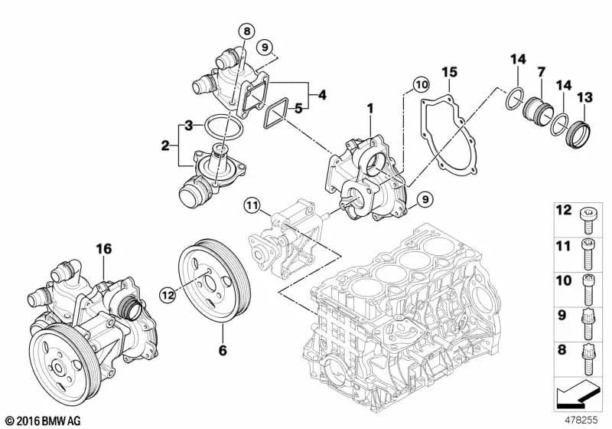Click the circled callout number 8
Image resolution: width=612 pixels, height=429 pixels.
click(x=246, y=31)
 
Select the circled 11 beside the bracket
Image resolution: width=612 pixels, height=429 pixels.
click(x=253, y=205)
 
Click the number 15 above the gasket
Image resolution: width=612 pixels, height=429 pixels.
click(x=449, y=72)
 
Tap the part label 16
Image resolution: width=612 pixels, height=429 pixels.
click(x=103, y=247)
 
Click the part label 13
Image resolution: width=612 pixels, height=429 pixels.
click(x=584, y=97)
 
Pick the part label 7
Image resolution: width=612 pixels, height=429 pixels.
click(x=541, y=72)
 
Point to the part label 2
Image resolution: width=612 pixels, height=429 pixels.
click(x=164, y=144)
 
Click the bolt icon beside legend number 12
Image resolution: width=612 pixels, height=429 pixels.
click(x=588, y=218)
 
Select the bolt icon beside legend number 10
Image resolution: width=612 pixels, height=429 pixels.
click(x=588, y=286)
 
